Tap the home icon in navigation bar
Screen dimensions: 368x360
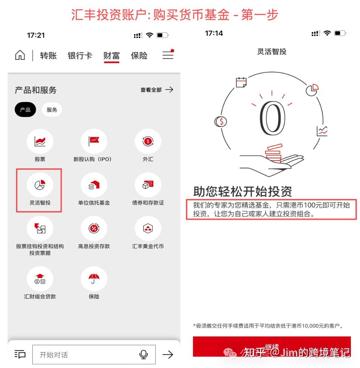point(20,56)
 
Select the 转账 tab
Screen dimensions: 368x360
point(48,56)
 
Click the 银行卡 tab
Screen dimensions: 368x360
point(80,56)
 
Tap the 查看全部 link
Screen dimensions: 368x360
point(156,90)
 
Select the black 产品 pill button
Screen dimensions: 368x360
point(25,110)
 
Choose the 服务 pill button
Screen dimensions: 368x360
point(52,110)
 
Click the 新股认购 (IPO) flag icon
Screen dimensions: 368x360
point(94,141)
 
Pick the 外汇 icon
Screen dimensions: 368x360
point(148,141)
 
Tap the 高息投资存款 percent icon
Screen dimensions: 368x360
point(94,229)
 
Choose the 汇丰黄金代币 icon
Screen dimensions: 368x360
point(148,229)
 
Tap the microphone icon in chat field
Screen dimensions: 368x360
point(143,354)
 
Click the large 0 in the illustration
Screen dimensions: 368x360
point(272,119)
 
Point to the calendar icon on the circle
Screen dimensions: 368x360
point(241,82)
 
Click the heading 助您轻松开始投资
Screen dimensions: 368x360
point(243,191)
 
